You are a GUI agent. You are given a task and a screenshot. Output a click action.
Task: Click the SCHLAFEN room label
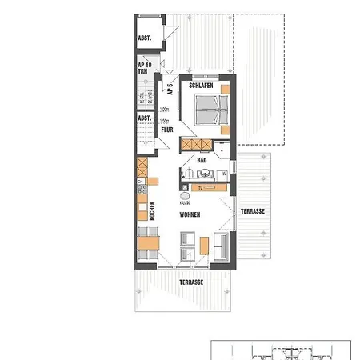click(x=200, y=85)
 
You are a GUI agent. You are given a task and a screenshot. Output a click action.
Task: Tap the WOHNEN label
click(x=190, y=215)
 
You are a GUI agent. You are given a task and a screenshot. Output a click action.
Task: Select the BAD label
click(x=202, y=160)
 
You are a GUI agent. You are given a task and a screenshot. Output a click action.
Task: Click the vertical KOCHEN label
click(x=151, y=211)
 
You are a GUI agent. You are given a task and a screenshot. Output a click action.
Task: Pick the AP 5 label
click(x=170, y=90)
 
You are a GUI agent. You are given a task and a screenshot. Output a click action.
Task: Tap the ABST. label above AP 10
click(x=145, y=38)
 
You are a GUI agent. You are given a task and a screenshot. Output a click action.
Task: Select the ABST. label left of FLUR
click(x=145, y=118)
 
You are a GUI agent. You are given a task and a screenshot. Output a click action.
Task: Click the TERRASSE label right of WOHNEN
click(x=252, y=211)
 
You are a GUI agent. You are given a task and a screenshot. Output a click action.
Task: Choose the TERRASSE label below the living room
click(x=190, y=282)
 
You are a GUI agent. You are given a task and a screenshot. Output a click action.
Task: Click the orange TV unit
click(x=204, y=188)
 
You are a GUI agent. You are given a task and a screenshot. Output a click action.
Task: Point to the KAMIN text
click(x=185, y=203)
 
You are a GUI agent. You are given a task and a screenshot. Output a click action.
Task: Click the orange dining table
click(x=147, y=243)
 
